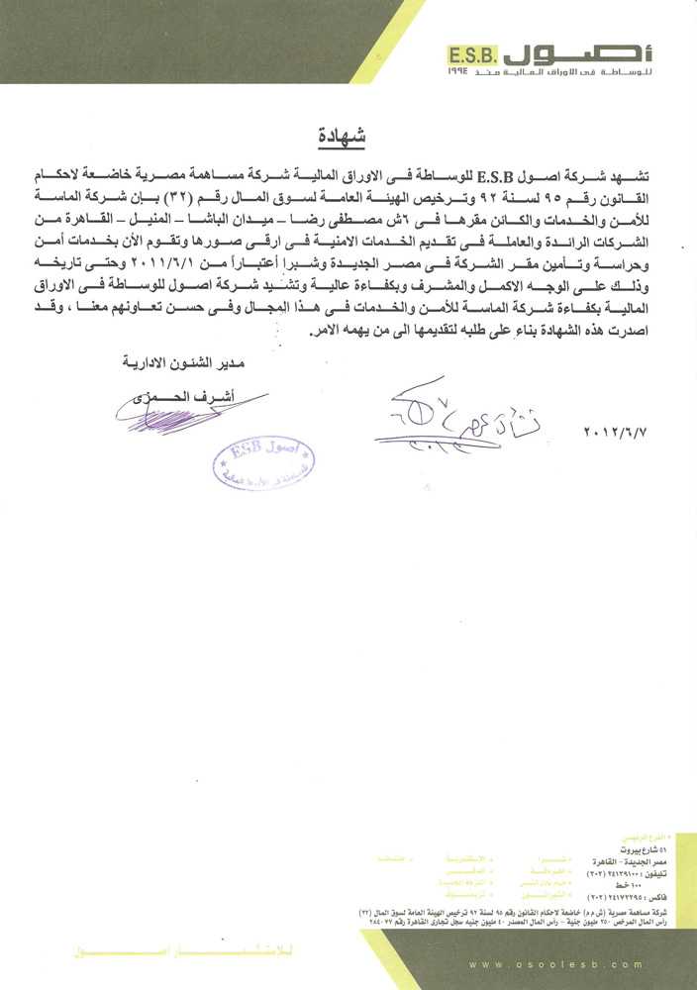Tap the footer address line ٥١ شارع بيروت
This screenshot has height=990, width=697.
coord(621,849)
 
